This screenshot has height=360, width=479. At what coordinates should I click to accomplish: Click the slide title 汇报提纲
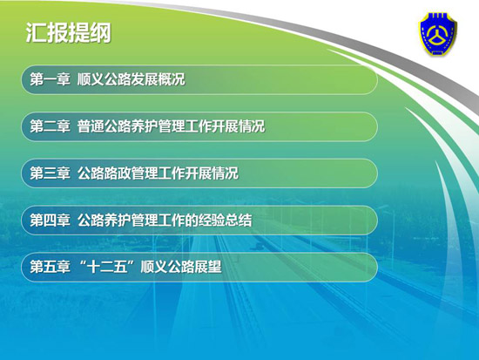coord(69,33)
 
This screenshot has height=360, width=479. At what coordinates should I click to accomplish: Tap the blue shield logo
coord(438,34)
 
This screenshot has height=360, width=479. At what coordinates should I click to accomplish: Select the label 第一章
coord(51,79)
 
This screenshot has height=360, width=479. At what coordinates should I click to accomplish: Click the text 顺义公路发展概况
coord(132,79)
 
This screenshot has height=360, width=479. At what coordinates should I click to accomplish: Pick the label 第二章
coord(51,126)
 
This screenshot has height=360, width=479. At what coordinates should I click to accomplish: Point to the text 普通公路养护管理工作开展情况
coord(171,126)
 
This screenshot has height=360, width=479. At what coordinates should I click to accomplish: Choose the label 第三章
coord(51,173)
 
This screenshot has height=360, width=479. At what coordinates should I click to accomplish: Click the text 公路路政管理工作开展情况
coord(158,173)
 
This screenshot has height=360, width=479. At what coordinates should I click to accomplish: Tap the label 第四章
coord(51,221)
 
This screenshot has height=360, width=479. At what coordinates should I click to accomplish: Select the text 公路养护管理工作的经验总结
coord(165,221)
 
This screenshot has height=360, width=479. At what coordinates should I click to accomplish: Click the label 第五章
coord(51,267)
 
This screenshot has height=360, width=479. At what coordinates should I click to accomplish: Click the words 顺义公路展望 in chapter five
coord(181,267)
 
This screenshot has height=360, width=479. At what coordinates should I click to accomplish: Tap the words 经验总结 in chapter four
coord(226,221)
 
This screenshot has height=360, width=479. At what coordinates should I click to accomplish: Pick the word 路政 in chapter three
coord(118,173)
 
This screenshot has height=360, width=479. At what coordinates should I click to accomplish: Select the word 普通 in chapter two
coord(91,126)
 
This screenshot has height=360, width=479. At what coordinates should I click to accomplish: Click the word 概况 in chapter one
coord(172,79)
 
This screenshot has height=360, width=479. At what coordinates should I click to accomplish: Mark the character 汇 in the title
coord(36,33)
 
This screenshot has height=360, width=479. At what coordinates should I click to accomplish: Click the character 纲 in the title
coord(101,33)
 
